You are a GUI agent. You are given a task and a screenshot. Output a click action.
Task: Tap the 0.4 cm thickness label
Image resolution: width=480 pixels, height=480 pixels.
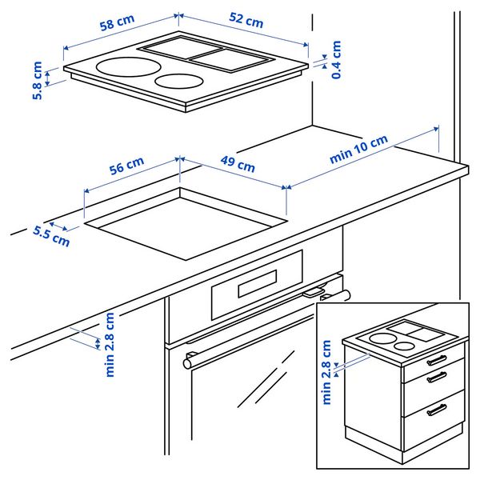click(336, 60)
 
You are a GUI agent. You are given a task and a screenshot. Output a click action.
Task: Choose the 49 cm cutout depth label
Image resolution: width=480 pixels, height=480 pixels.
click(237, 166)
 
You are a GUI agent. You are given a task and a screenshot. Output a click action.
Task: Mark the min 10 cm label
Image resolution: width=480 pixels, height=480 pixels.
click(358, 150)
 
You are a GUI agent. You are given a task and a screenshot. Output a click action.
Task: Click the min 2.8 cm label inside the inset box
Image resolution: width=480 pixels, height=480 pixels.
click(326, 372)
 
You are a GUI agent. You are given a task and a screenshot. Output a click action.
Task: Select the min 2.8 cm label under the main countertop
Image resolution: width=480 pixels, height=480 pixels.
click(110, 344)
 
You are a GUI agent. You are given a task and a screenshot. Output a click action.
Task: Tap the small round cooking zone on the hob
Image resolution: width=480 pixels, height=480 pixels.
click(178, 81)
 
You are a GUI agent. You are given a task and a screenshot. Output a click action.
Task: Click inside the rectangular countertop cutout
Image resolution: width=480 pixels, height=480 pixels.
click(184, 222)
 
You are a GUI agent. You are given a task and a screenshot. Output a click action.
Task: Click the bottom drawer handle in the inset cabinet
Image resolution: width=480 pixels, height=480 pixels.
click(437, 410)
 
